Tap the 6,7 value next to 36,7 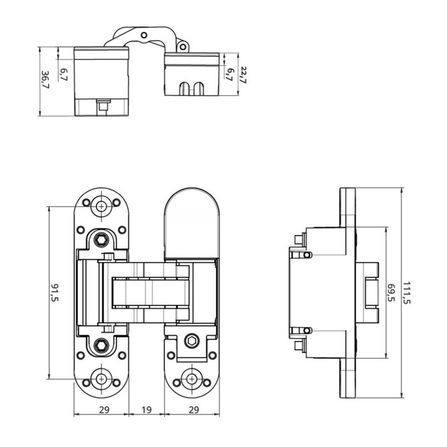click(x=63, y=74)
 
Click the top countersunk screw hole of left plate click(x=101, y=206)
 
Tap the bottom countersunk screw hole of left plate click(x=101, y=378)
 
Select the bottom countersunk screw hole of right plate click(x=192, y=378)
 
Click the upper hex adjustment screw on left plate click(x=101, y=240)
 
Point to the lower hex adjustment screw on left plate click(x=101, y=345)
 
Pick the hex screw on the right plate click(x=190, y=343)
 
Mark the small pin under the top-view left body click(x=102, y=105)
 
